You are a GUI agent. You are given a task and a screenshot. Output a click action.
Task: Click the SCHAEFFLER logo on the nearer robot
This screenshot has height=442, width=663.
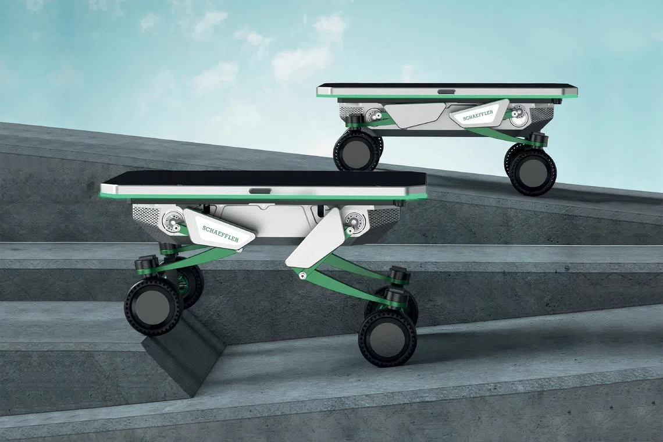click(220, 234)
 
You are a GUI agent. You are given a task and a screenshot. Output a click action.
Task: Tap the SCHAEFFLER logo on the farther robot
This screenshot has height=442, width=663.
click(478, 116)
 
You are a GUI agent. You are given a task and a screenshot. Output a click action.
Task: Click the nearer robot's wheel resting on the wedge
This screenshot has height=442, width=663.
click(154, 306)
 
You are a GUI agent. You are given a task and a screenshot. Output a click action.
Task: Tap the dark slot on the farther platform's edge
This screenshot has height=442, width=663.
click(447, 91)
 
